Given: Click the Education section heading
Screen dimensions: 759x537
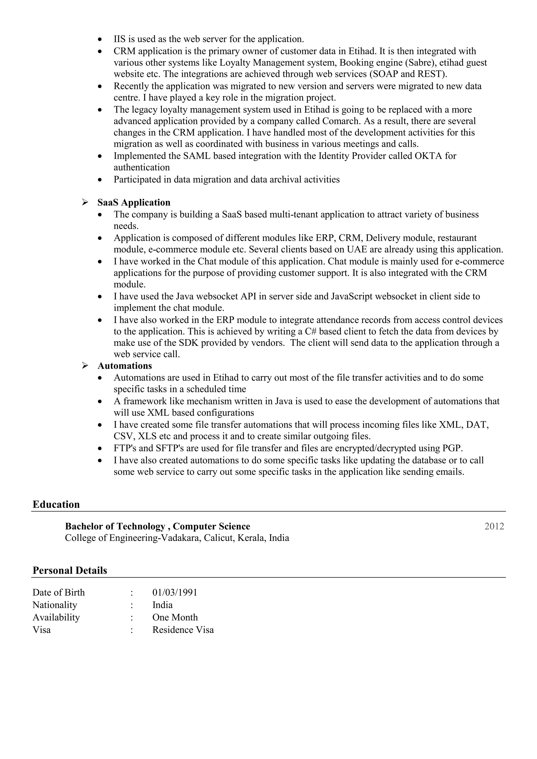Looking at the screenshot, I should (x=56, y=505).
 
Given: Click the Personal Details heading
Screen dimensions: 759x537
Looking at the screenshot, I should (x=70, y=571).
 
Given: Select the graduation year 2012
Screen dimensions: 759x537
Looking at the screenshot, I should (x=494, y=526).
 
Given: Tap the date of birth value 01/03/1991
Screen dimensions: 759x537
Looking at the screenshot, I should (x=175, y=592).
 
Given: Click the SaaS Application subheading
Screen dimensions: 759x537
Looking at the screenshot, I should (x=134, y=202).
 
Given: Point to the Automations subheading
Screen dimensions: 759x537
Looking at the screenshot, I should (x=125, y=366).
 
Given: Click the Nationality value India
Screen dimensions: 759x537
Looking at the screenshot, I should (x=162, y=605).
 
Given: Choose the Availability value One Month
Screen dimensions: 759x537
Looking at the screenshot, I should (x=175, y=617).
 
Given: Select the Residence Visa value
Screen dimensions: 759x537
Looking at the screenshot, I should (x=183, y=630).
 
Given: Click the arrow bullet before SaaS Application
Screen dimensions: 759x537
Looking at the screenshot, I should (x=85, y=202).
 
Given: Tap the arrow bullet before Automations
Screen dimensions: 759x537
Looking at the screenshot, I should (x=85, y=366).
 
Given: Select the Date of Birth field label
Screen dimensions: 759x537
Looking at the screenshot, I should (x=58, y=592).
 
